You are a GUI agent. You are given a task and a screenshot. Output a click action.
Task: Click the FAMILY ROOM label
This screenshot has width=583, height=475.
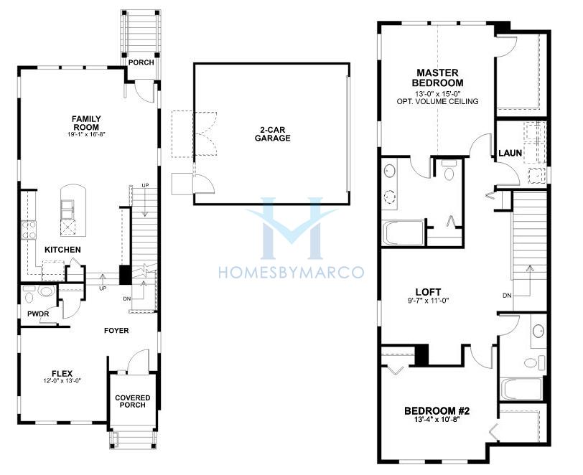86,123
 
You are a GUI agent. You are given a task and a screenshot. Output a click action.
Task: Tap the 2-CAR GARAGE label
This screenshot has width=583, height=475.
273,134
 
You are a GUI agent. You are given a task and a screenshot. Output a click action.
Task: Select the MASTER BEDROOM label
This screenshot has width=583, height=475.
440,77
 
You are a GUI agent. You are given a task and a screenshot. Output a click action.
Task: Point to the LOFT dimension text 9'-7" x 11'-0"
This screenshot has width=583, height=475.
429,301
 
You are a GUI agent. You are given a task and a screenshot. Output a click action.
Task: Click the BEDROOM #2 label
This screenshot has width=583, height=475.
437,411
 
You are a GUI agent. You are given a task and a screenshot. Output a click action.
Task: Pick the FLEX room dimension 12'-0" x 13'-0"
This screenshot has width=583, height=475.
62,380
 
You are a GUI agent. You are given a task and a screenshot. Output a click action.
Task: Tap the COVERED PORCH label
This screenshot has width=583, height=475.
132,401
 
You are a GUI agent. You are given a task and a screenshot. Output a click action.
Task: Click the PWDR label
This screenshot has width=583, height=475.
38,314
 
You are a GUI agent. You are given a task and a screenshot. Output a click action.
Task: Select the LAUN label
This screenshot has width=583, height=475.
510,153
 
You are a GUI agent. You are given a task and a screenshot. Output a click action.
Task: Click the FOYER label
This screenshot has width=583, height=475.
116,330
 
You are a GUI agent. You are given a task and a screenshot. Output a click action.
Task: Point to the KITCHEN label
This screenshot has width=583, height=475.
62,250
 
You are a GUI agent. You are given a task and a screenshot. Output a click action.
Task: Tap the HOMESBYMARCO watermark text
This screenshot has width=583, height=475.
291,273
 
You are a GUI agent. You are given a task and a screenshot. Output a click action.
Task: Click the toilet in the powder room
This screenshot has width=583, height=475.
46,291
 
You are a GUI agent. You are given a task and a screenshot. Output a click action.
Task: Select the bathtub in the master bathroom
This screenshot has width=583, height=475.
403,233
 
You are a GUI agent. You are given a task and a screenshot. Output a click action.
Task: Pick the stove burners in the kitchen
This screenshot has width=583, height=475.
29,230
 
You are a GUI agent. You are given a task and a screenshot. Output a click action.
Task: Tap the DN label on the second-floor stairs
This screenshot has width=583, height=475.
507,296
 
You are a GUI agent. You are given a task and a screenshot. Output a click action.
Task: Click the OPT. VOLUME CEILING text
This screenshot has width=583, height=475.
438,101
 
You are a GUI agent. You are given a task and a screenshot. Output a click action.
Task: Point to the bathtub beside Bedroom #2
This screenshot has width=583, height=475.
521,389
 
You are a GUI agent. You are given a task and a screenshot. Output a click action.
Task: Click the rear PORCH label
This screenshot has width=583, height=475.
141,62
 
